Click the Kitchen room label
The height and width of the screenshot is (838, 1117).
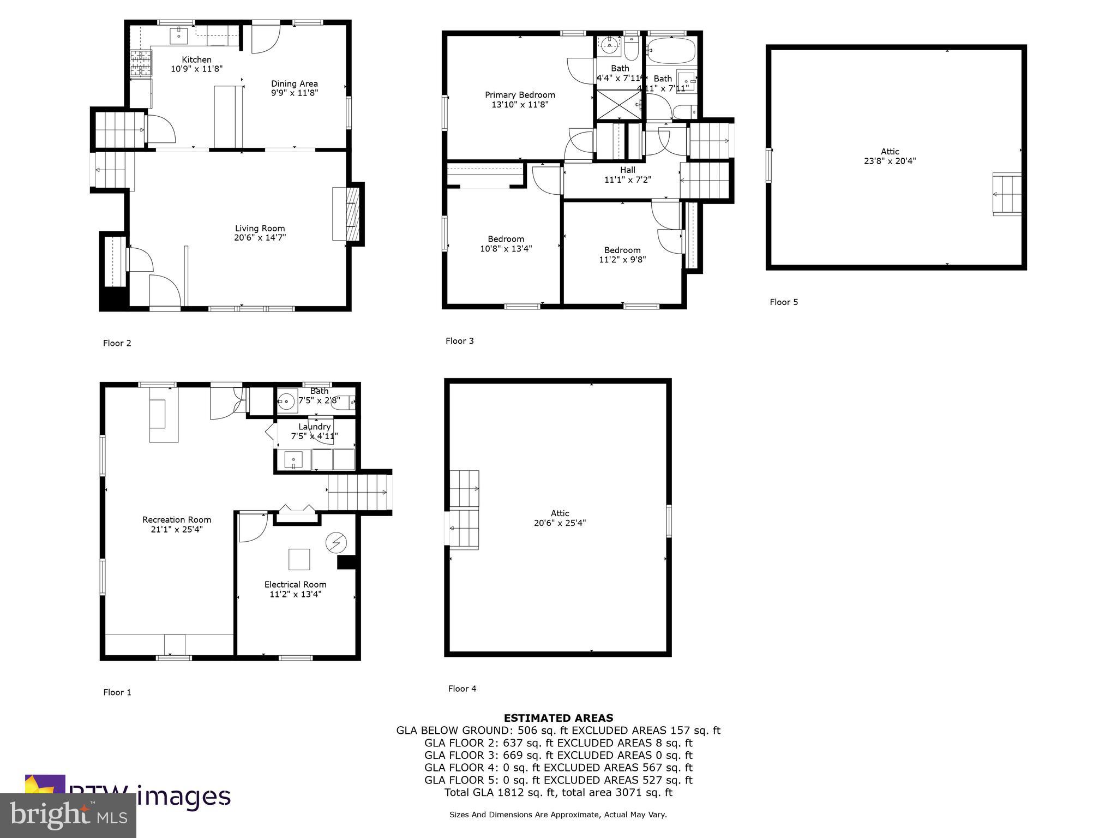pyautogui.click(x=196, y=59)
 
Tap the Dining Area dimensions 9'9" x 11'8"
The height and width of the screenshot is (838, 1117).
pyautogui.click(x=295, y=93)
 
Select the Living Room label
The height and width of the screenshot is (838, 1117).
pyautogui.click(x=260, y=229)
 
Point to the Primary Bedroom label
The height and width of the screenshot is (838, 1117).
pyautogui.click(x=520, y=95)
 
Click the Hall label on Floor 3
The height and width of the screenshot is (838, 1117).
pyautogui.click(x=627, y=170)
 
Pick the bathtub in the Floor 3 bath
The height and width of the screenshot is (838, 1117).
pyautogui.click(x=671, y=50)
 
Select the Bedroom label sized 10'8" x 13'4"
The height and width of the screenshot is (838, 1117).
pyautogui.click(x=506, y=239)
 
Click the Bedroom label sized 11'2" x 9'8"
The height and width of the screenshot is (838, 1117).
pyautogui.click(x=622, y=250)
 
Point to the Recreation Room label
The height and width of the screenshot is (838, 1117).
pyautogui.click(x=177, y=520)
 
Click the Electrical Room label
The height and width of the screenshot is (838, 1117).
pyautogui.click(x=295, y=584)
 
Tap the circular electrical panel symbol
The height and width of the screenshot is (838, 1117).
pyautogui.click(x=335, y=542)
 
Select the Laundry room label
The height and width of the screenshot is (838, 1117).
pyautogui.click(x=314, y=427)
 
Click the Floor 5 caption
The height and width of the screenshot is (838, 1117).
pyautogui.click(x=784, y=302)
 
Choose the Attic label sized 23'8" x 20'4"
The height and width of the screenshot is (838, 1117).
pyautogui.click(x=890, y=152)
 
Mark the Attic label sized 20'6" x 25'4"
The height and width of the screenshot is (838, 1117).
pyautogui.click(x=560, y=513)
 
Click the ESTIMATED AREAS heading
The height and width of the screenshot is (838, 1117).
pyautogui.click(x=558, y=718)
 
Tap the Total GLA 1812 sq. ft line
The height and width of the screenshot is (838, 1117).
pyautogui.click(x=558, y=793)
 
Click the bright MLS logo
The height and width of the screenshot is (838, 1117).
pyautogui.click(x=68, y=815)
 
